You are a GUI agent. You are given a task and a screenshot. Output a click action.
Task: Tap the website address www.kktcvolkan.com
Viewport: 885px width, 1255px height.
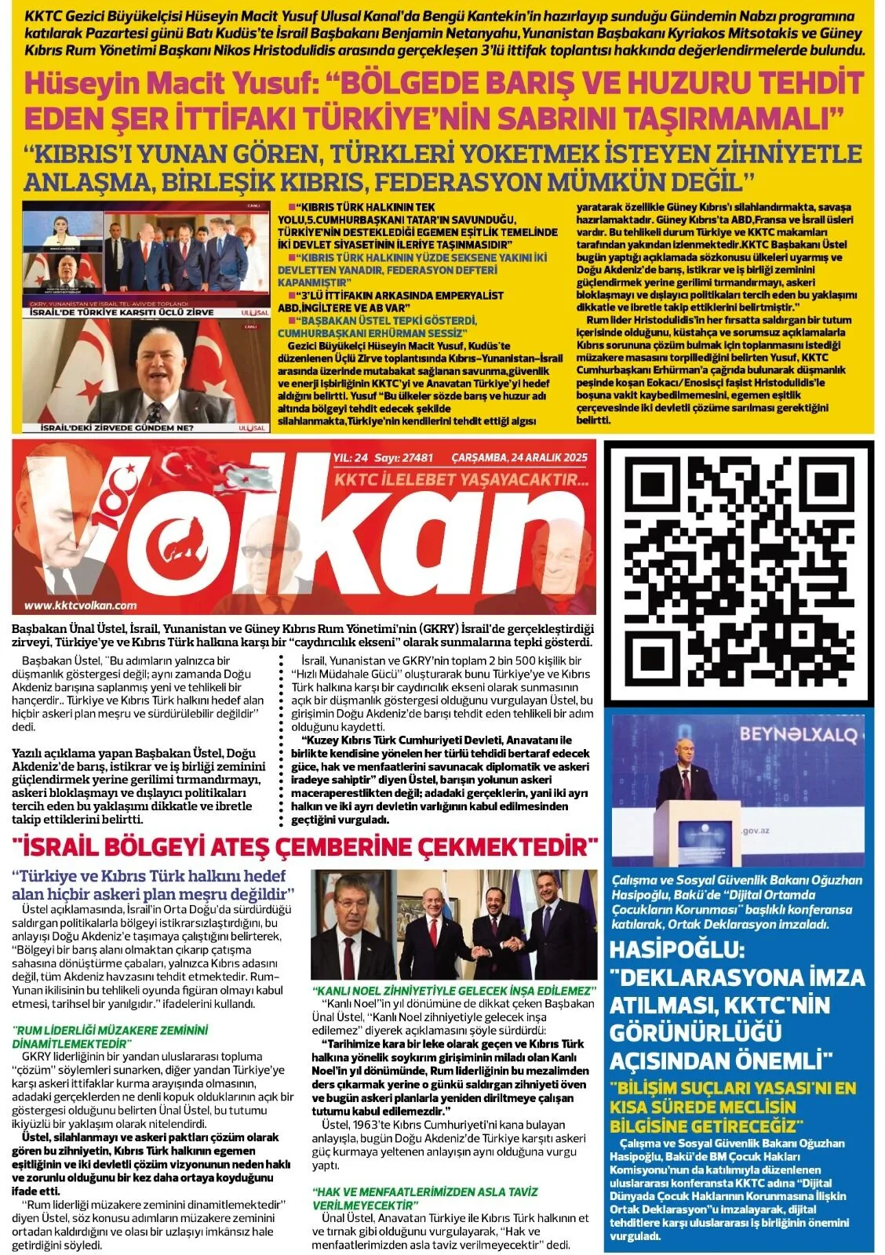(81, 605)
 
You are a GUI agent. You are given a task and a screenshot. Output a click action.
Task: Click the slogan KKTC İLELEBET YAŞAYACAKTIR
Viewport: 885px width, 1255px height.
(461, 478)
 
